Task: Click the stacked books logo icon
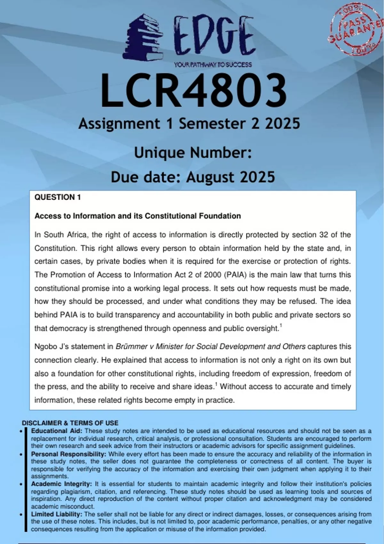click(x=143, y=37)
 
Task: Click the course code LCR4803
click(x=194, y=91)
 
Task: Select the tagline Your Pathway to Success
click(x=213, y=65)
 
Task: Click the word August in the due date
click(x=210, y=177)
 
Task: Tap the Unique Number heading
click(x=193, y=153)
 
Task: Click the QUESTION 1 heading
click(x=58, y=197)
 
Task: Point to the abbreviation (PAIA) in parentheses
click(x=235, y=275)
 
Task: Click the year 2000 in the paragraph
click(x=213, y=275)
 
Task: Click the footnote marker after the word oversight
click(x=281, y=326)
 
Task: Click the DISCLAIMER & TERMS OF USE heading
click(x=70, y=423)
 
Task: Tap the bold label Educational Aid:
click(x=57, y=431)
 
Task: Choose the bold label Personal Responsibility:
click(x=68, y=454)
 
